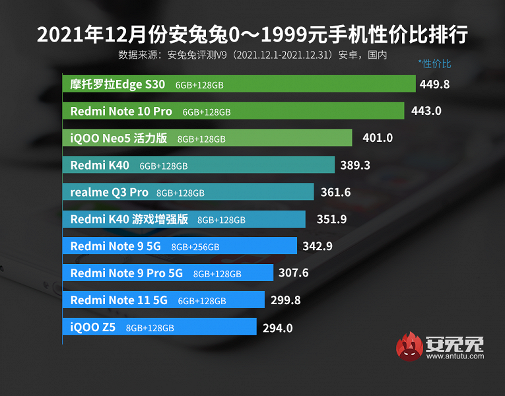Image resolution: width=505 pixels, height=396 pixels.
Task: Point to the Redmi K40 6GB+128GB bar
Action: pos(198,165)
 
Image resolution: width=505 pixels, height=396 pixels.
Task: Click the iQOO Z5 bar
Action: pos(159,327)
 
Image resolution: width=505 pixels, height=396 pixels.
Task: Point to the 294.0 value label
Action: pos(277,327)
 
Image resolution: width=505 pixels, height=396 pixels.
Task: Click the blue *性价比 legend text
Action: pos(435,64)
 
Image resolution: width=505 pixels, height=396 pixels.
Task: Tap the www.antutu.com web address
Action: pos(455,356)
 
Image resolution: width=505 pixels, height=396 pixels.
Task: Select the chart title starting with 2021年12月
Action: pos(252,35)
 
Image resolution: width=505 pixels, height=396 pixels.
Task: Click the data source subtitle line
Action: pos(252,55)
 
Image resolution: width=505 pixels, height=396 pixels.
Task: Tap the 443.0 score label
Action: pos(426,111)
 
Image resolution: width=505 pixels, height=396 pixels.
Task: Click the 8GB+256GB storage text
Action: pos(195,247)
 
